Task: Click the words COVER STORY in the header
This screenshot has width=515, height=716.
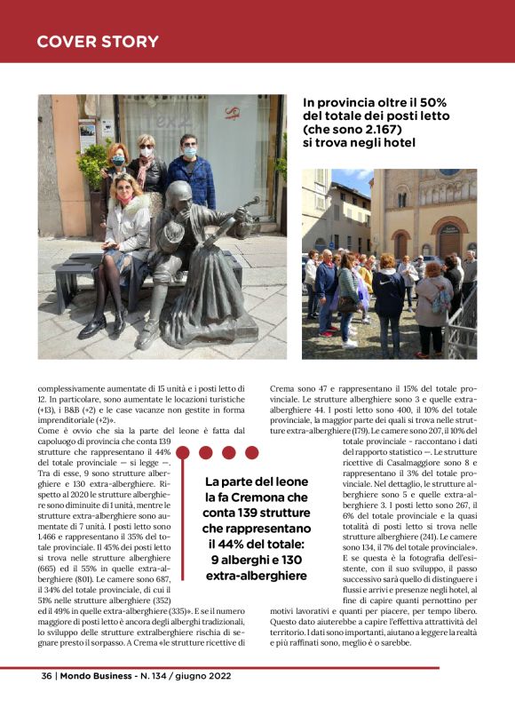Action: [98, 42]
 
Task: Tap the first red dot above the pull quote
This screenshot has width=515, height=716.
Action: [185, 453]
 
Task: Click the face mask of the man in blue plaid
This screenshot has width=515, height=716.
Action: [188, 152]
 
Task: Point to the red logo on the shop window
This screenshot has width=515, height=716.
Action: [233, 112]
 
